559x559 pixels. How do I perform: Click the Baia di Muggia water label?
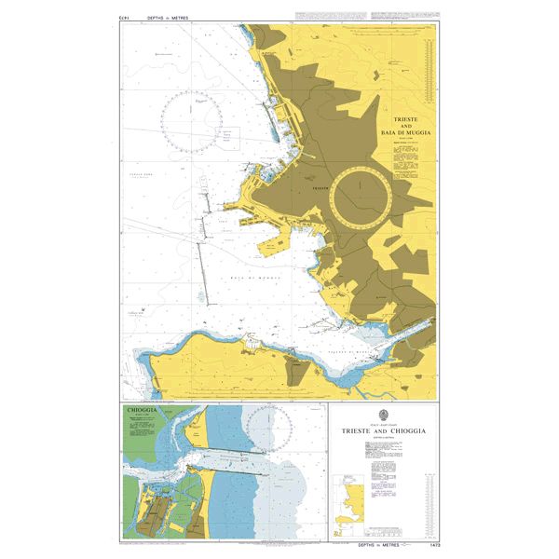coord(244,278)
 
